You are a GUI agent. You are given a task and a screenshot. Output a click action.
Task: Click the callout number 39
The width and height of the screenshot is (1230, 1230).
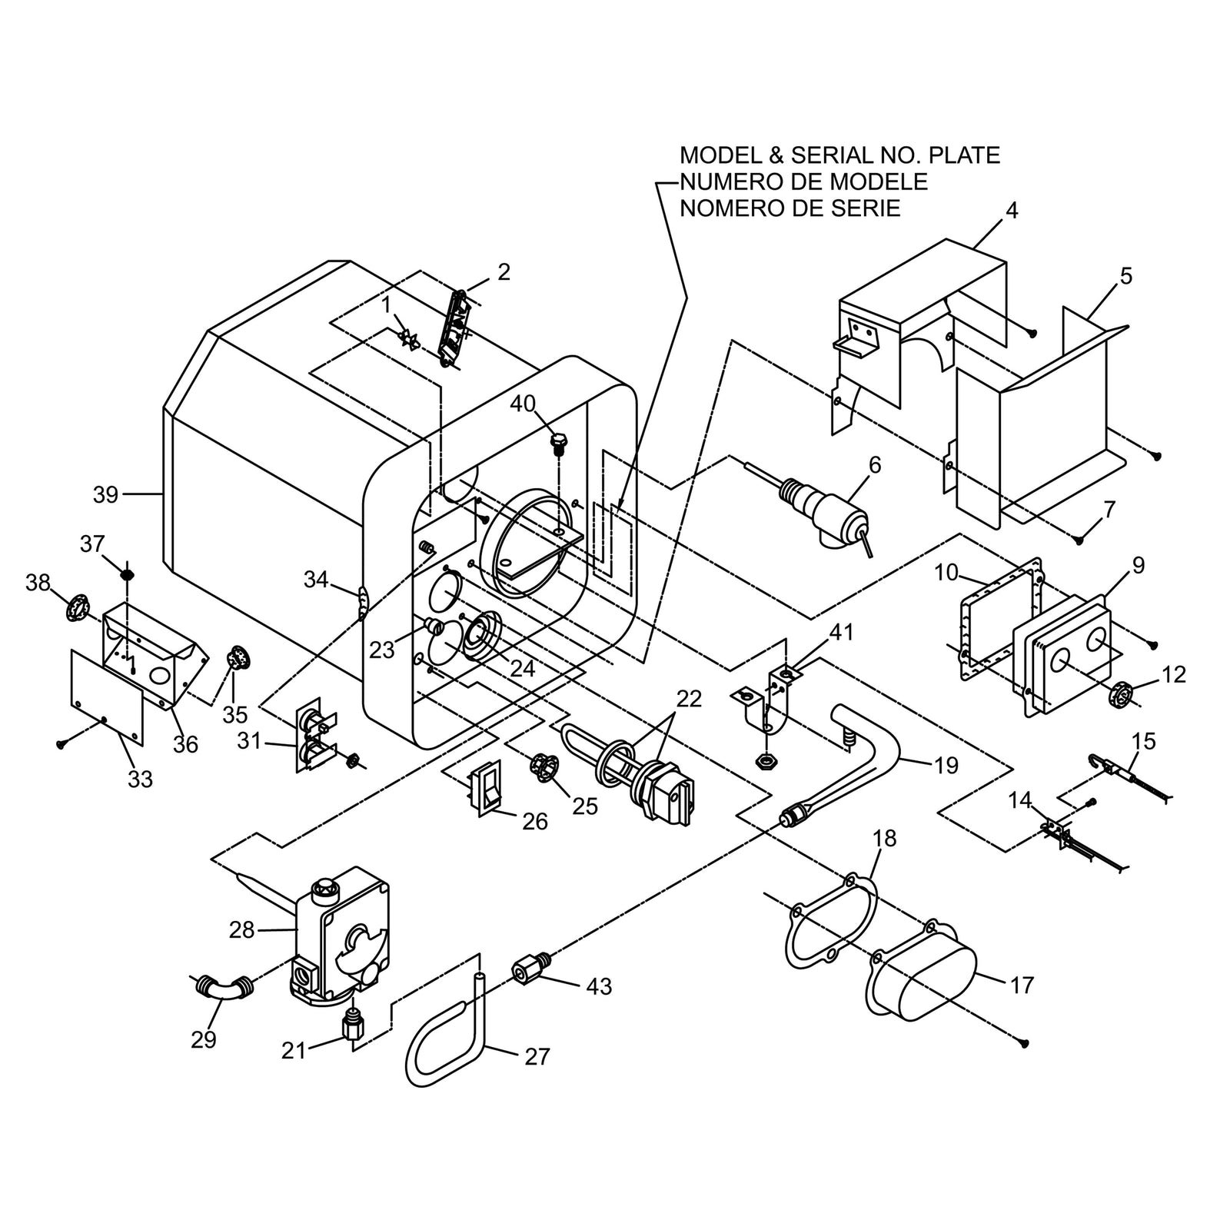pyautogui.click(x=105, y=495)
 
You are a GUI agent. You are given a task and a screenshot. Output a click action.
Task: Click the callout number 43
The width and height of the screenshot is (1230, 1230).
pyautogui.click(x=599, y=986)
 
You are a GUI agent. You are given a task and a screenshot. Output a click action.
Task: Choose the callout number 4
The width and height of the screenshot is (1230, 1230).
pyautogui.click(x=1012, y=211)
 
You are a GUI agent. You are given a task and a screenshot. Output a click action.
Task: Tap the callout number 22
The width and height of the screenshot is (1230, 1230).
pyautogui.click(x=690, y=699)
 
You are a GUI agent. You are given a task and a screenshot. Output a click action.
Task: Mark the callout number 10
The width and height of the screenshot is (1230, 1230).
pyautogui.click(x=947, y=573)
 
